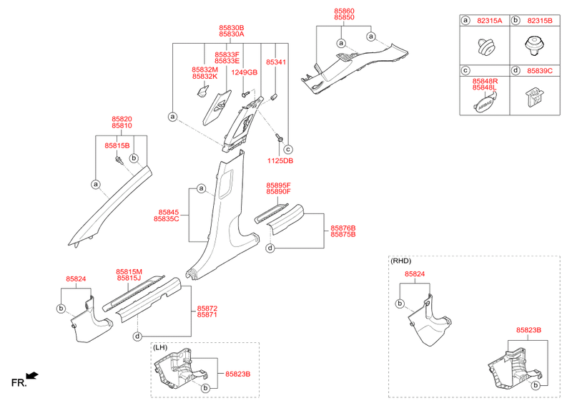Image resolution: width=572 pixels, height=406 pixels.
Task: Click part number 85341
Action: tap(276, 62)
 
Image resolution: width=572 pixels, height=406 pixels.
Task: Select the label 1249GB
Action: tap(244, 72)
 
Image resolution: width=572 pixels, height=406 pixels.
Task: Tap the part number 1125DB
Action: tap(280, 161)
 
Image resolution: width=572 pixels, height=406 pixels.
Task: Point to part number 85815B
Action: tap(117, 145)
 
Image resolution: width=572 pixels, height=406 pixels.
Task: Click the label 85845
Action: tap(169, 212)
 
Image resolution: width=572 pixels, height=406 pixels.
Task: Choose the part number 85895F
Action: tap(278, 185)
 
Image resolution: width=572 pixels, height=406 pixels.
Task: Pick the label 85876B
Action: tap(343, 228)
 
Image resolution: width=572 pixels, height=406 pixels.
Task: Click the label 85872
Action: tap(207, 308)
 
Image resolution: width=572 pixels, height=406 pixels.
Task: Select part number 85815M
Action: tap(129, 272)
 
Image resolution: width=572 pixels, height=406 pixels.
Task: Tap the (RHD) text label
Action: tap(401, 261)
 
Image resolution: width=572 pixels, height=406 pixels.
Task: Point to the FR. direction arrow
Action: tap(31, 375)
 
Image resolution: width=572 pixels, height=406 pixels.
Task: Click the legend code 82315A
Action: tap(489, 21)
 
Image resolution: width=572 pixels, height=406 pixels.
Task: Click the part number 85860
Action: tap(343, 13)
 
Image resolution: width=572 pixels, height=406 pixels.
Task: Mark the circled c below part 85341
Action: tap(288, 149)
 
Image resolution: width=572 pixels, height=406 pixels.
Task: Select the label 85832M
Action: tap(204, 69)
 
